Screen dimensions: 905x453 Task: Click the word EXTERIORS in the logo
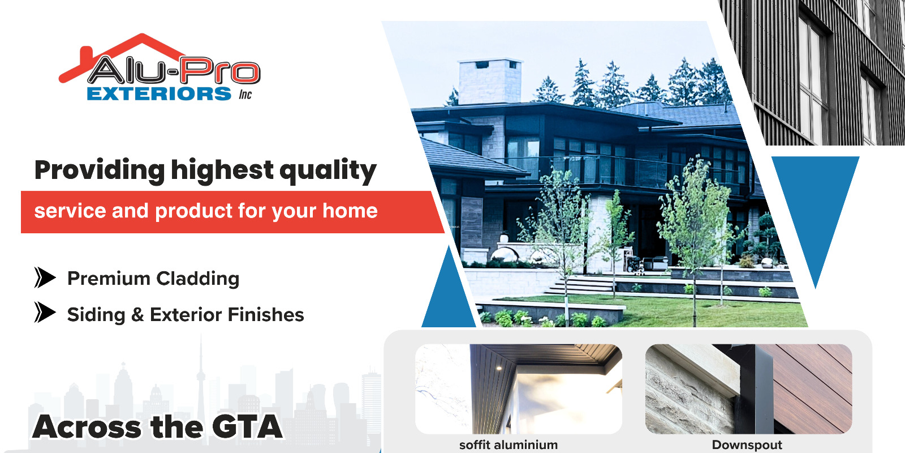click(159, 94)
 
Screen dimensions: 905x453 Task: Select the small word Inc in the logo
click(245, 95)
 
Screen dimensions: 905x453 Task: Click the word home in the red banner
click(350, 211)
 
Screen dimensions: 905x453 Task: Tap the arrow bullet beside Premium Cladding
click(45, 277)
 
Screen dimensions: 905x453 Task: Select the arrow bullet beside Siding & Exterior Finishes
click(45, 312)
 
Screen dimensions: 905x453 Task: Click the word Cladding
click(197, 278)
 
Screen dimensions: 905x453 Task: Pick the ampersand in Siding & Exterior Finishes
click(137, 315)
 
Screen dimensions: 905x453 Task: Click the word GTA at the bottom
click(247, 426)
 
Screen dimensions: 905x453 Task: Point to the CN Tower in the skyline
click(201, 380)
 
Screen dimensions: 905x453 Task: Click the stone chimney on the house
click(490, 82)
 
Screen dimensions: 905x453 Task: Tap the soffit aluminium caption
click(508, 445)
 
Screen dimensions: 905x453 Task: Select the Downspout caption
click(747, 445)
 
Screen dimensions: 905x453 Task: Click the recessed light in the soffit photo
click(499, 367)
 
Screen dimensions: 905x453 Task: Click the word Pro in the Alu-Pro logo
click(220, 71)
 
